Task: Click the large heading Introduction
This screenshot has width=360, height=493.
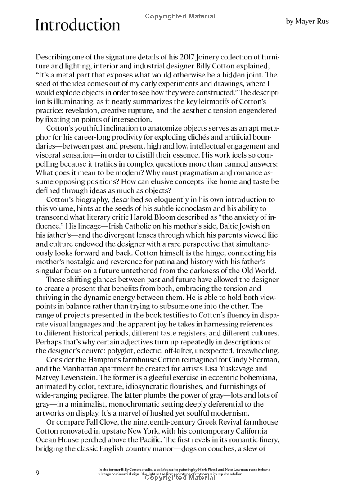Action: pyautogui.click(x=78, y=25)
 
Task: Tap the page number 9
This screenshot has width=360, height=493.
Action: pyautogui.click(x=38, y=473)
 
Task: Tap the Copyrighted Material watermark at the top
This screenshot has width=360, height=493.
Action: pyautogui.click(x=180, y=16)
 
